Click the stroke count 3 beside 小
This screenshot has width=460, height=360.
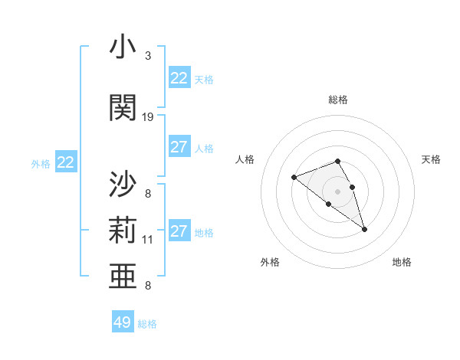(x=148, y=56)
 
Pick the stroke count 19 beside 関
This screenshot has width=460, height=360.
(x=148, y=116)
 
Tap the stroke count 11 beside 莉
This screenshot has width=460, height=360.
(x=148, y=239)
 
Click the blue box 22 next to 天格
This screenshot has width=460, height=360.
(x=179, y=78)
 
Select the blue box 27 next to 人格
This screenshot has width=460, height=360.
(x=179, y=147)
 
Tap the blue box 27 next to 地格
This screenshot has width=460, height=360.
(x=179, y=231)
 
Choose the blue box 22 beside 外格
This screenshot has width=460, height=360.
(x=66, y=162)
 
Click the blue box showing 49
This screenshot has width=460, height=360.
(x=123, y=322)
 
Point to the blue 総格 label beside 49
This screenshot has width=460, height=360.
(x=147, y=324)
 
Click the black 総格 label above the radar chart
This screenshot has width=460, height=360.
(x=338, y=100)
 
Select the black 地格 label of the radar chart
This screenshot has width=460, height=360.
(x=402, y=262)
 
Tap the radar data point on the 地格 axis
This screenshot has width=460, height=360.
(x=365, y=229)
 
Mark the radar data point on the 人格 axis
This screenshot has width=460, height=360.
(x=294, y=178)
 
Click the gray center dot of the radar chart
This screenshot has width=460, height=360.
(x=338, y=191)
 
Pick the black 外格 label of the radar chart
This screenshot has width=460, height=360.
(x=270, y=262)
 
